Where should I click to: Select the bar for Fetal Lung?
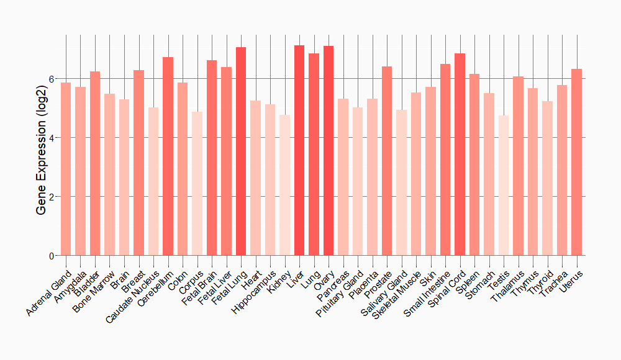pos(241,151)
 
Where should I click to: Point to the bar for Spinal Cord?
pos(460,155)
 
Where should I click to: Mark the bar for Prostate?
pos(387,161)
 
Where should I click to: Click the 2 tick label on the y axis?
pos(52,197)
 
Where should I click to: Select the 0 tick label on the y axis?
pos(52,256)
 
